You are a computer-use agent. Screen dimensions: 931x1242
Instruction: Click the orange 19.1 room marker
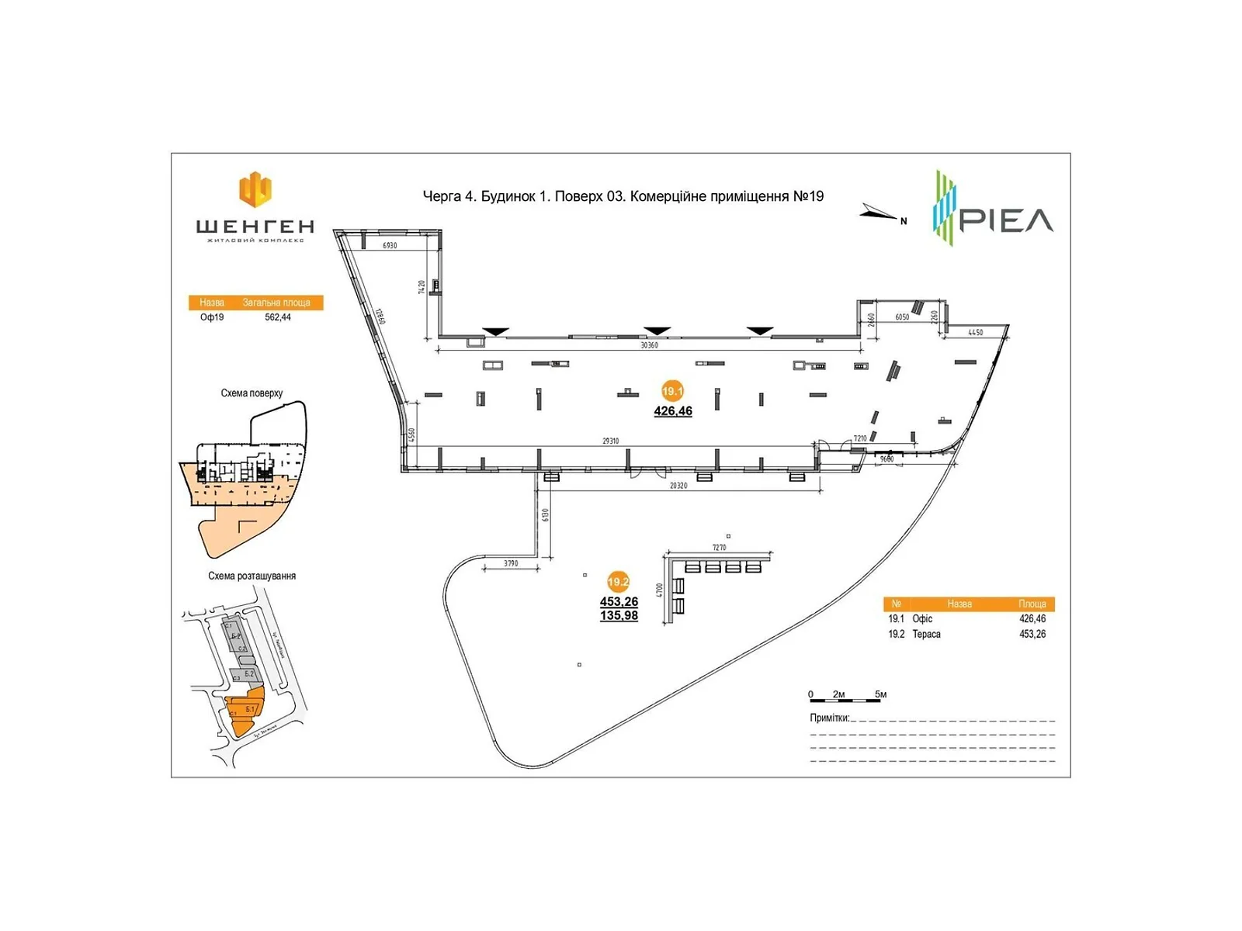672,392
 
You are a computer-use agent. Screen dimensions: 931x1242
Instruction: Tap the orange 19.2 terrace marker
618,582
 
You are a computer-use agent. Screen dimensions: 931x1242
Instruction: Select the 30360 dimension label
649,345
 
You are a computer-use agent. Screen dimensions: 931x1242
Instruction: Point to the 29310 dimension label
611,441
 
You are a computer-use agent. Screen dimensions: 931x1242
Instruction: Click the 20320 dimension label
678,486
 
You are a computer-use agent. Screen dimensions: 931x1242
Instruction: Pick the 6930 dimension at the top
390,245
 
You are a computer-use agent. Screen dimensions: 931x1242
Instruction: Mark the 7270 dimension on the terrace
719,548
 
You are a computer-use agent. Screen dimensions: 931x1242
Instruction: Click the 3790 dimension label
511,563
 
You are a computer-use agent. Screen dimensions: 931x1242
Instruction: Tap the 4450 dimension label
976,332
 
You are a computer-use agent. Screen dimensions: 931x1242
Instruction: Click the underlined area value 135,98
619,616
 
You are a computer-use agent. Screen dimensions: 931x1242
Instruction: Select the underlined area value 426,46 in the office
673,411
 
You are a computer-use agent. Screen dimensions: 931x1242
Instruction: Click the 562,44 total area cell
278,317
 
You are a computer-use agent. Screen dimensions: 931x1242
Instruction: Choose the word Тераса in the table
926,634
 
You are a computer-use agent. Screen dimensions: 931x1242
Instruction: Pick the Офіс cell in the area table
922,618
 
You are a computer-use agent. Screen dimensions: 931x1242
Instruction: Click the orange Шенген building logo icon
255,189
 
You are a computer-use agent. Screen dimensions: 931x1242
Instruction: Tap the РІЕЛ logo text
1007,220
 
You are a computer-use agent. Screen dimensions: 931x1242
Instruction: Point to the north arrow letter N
904,221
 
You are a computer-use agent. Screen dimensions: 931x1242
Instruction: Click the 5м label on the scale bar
880,694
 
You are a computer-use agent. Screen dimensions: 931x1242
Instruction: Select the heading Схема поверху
252,393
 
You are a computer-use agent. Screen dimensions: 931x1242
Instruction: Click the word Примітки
829,718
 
